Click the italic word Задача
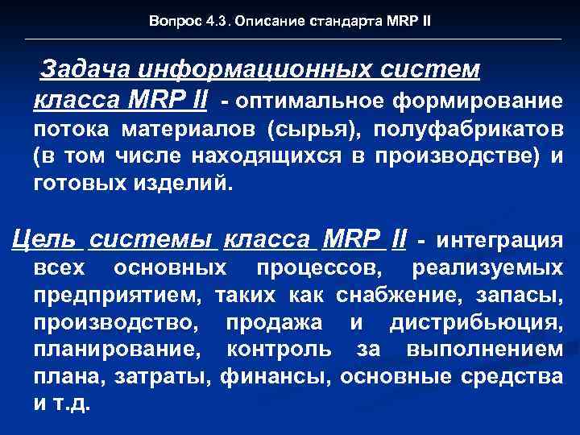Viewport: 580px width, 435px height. (x=81, y=71)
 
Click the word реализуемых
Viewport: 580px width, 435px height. (x=487, y=267)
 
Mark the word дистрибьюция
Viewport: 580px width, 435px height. (x=477, y=323)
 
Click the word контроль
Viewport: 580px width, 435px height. (x=279, y=350)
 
